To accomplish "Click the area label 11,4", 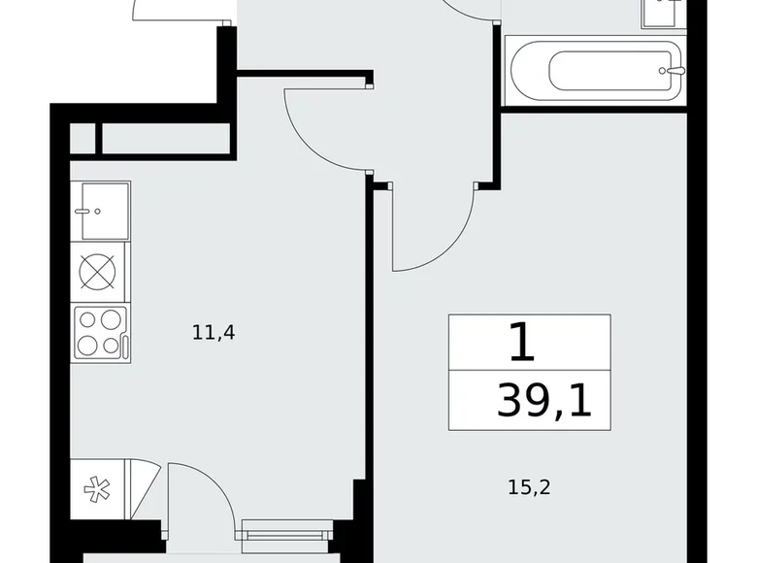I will (214, 333).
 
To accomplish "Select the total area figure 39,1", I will (543, 400).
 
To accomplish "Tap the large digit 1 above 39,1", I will (521, 343).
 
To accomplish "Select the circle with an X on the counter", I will (99, 271).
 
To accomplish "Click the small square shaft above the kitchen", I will (82, 139).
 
